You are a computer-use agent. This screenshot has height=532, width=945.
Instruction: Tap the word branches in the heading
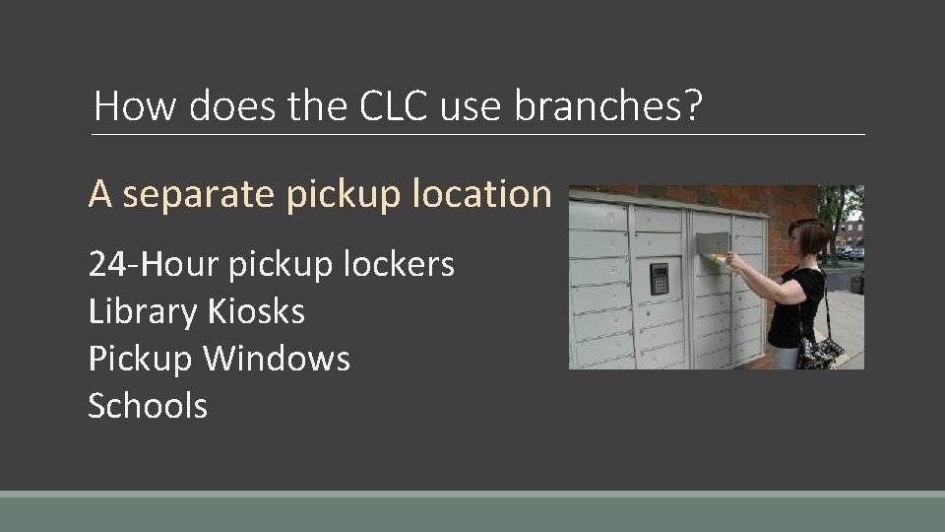pyautogui.click(x=600, y=105)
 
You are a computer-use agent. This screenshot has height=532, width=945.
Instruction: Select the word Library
pyautogui.click(x=143, y=311)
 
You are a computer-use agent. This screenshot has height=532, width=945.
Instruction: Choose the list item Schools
pyautogui.click(x=148, y=406)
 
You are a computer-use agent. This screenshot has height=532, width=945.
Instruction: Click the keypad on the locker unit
pyautogui.click(x=659, y=278)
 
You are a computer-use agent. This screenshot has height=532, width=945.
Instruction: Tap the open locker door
pyautogui.click(x=714, y=243)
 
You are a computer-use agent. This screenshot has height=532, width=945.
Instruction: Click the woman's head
pyautogui.click(x=813, y=237)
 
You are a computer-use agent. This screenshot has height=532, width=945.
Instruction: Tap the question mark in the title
pyautogui.click(x=694, y=105)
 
